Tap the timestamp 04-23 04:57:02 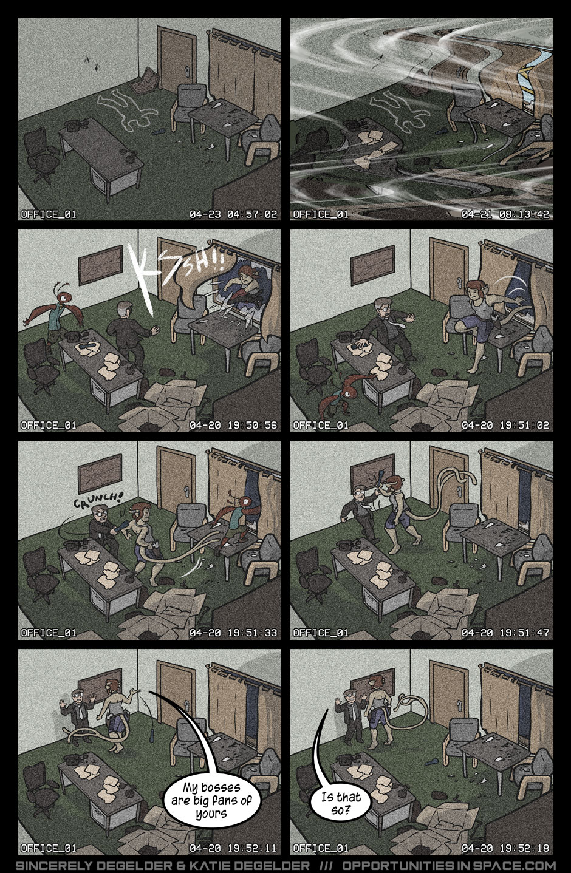(x=233, y=214)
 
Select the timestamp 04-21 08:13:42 (x=505, y=214)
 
